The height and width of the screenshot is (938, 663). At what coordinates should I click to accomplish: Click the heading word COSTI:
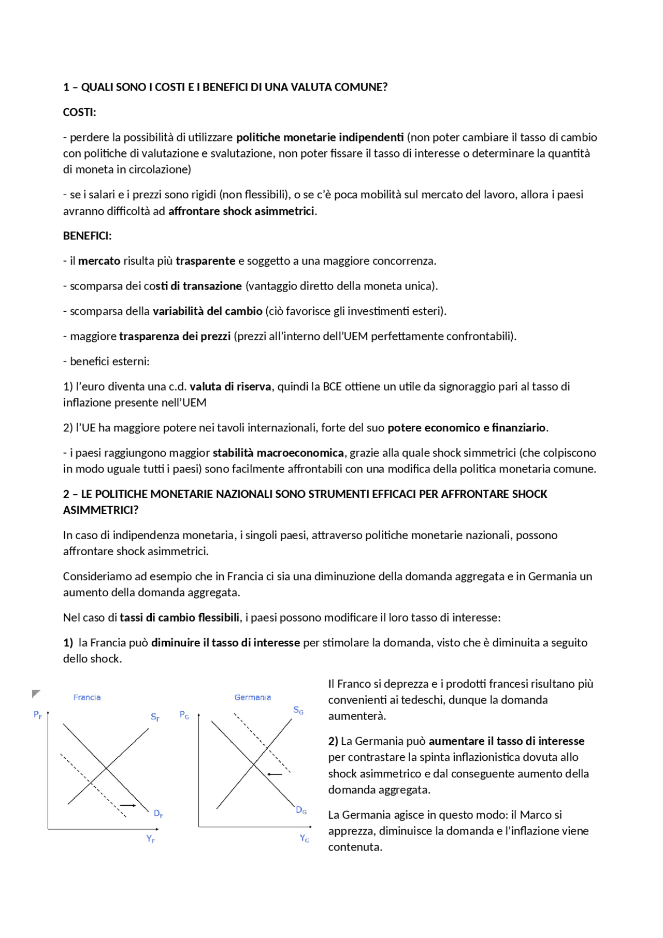tap(79, 112)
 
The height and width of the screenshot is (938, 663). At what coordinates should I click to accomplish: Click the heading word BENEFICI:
tap(87, 236)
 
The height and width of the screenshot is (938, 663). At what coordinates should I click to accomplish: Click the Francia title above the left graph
tap(87, 697)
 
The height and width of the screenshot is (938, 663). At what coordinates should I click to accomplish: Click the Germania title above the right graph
tap(252, 697)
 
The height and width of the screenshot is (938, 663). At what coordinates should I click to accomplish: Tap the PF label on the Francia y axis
tap(38, 715)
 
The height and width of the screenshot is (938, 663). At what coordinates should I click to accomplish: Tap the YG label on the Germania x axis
tap(305, 838)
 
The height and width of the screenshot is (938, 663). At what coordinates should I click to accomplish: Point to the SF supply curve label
tap(155, 717)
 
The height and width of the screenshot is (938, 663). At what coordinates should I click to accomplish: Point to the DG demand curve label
tap(301, 810)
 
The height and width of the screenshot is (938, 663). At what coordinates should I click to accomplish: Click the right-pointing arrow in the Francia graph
tap(128, 805)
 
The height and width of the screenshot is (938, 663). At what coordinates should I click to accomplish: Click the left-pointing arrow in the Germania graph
tap(275, 774)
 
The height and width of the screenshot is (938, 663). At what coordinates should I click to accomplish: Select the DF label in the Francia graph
tap(158, 813)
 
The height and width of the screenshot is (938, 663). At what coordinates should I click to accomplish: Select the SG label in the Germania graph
tap(298, 710)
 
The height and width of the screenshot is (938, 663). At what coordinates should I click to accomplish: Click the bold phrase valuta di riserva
tap(230, 386)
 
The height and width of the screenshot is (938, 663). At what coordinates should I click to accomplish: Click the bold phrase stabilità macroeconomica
tap(278, 453)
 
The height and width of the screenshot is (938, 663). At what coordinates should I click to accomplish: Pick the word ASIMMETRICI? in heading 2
tap(100, 510)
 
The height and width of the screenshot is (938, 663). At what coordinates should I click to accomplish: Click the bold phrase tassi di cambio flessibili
tap(179, 617)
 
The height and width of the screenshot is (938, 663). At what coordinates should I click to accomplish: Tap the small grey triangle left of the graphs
tap(35, 694)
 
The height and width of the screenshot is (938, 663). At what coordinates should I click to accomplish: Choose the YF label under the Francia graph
tap(150, 839)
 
